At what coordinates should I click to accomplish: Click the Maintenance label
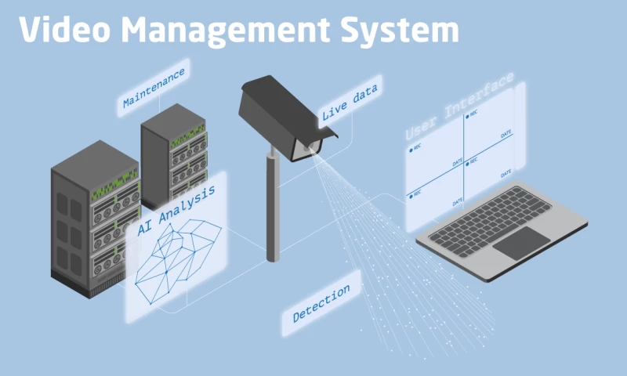click(154, 87)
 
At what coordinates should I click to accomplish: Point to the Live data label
click(350, 102)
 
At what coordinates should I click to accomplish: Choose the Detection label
click(321, 305)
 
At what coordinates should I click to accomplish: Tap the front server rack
click(86, 219)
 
